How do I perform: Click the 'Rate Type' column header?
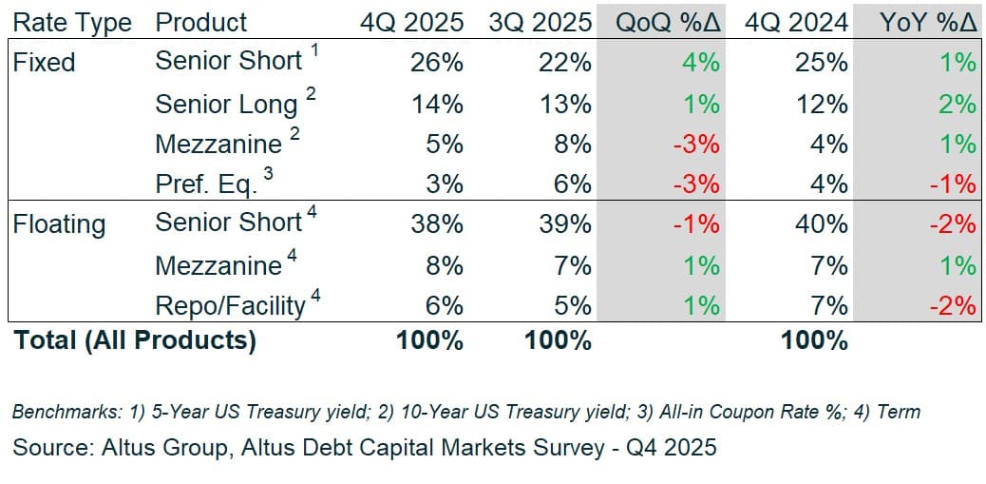tap(72, 22)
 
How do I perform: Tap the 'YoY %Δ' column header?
tap(928, 22)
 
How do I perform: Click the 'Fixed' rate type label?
tap(44, 63)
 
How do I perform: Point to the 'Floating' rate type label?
tap(59, 224)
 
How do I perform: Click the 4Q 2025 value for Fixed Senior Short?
tap(437, 63)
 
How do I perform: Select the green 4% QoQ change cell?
tap(701, 63)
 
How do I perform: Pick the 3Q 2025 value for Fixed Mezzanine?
tap(572, 145)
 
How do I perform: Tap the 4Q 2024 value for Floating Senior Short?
tap(823, 224)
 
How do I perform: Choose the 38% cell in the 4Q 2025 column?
tap(437, 224)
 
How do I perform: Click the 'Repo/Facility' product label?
tap(231, 305)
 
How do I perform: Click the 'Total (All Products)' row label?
tap(135, 340)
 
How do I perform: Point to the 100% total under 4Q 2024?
tap(814, 340)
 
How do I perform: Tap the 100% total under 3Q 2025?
tap(558, 340)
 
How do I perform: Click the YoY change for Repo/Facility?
tap(953, 305)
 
